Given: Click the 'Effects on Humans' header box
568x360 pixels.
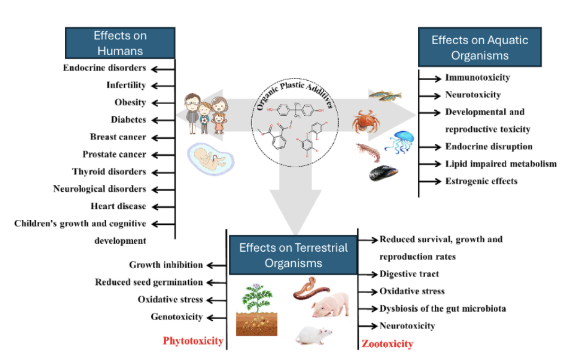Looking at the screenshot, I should click(x=119, y=43).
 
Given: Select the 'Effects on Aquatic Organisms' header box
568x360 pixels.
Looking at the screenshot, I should click(x=479, y=47).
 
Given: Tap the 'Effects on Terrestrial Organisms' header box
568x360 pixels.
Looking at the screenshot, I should click(x=293, y=255).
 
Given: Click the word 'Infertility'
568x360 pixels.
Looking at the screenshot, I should click(x=126, y=85).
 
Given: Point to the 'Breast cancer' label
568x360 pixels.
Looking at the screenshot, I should click(x=118, y=137).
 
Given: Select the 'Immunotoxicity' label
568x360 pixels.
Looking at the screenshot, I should click(x=477, y=78).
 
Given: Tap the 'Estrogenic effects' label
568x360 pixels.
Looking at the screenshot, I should click(x=481, y=181).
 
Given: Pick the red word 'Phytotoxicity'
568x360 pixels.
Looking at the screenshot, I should click(x=193, y=340).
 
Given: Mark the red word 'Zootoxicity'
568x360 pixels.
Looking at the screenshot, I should click(x=387, y=344).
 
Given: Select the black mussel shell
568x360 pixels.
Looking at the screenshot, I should click(x=383, y=174).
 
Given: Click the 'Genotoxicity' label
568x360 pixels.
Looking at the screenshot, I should click(x=177, y=317).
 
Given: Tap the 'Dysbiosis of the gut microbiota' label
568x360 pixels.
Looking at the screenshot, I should click(x=442, y=308).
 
